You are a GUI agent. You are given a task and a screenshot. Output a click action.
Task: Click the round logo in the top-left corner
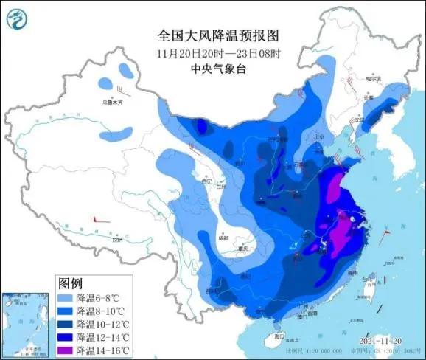pos(17,18)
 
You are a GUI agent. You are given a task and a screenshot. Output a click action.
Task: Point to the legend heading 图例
pos(70,283)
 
